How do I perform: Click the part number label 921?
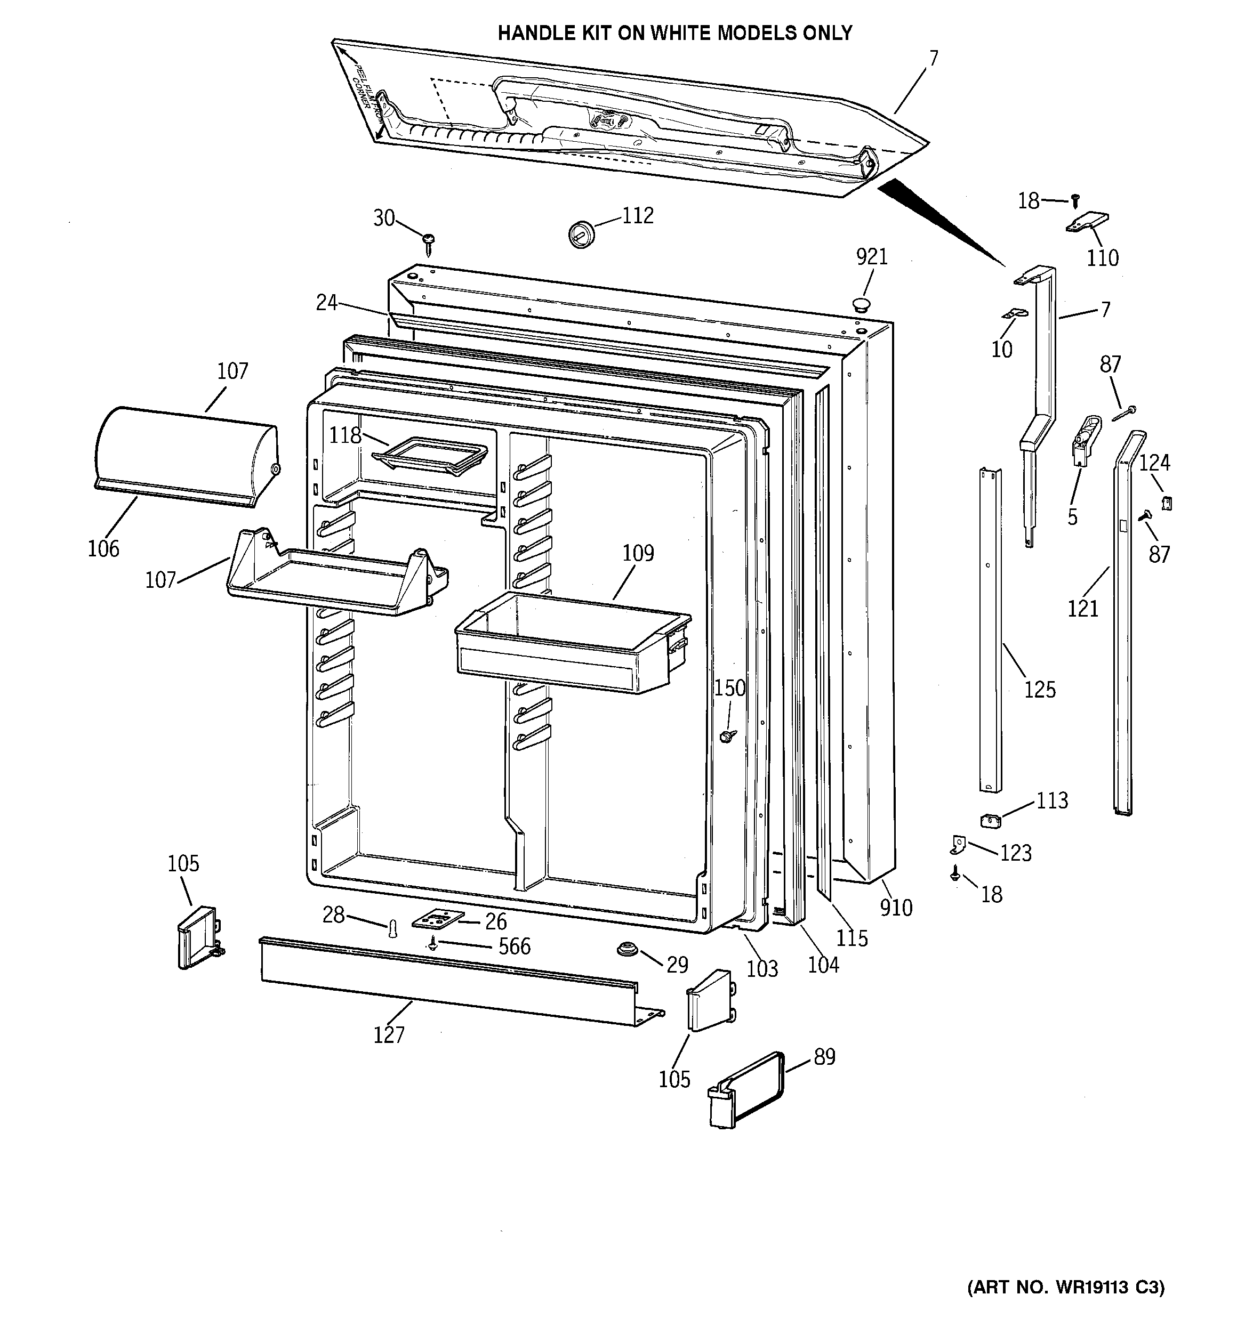coord(871,257)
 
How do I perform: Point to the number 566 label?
coord(514,946)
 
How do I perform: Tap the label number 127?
coord(389,1034)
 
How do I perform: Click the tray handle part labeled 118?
coord(430,455)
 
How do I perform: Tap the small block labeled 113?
coord(990,821)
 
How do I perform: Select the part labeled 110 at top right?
coord(1088,222)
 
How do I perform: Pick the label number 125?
coord(1039,690)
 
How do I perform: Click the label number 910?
coord(896,907)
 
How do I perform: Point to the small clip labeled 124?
coord(1167,503)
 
